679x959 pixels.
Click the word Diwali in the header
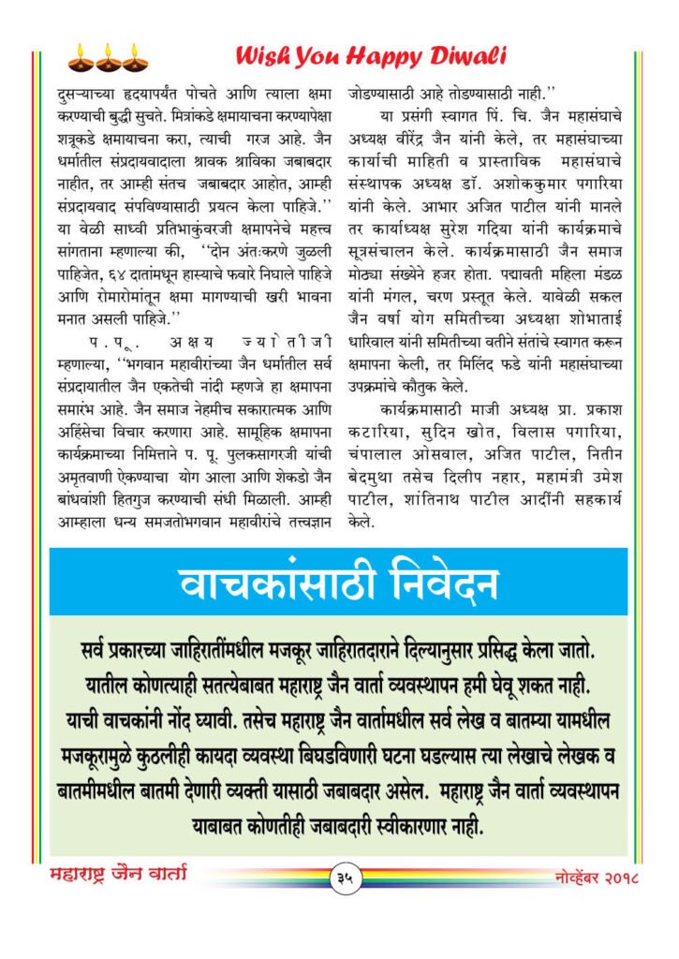click(466, 56)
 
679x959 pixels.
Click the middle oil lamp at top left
click(107, 58)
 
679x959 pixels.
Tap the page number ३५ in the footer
click(343, 878)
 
